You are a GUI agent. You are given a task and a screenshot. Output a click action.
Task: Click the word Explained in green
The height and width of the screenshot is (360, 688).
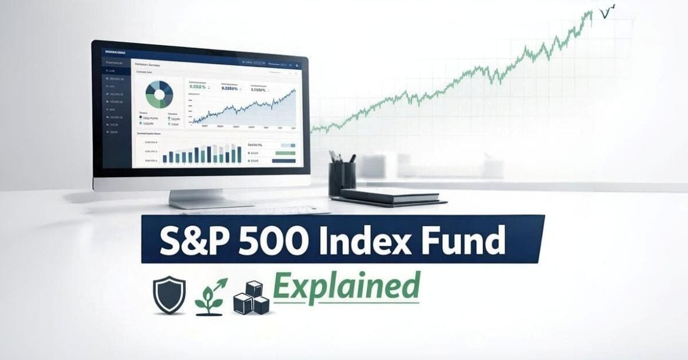347,288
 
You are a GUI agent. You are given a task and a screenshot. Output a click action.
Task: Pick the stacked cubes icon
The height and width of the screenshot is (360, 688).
251,298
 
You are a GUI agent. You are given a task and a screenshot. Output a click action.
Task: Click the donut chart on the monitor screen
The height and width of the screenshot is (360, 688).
159,94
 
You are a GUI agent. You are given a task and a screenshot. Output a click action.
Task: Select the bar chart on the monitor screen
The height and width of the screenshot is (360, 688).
200,152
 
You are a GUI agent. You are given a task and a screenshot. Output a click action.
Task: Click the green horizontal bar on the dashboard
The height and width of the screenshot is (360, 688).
285,153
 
